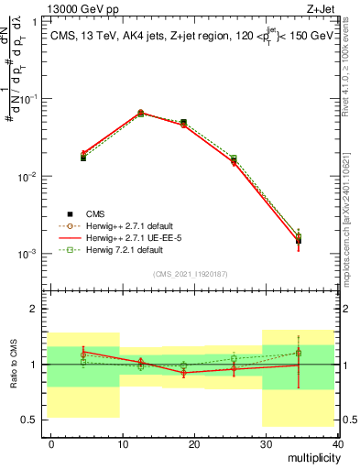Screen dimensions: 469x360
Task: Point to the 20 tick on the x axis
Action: [193, 443]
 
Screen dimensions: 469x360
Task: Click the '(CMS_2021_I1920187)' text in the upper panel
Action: [190, 274]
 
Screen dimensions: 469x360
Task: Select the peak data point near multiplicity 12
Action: [140, 113]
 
